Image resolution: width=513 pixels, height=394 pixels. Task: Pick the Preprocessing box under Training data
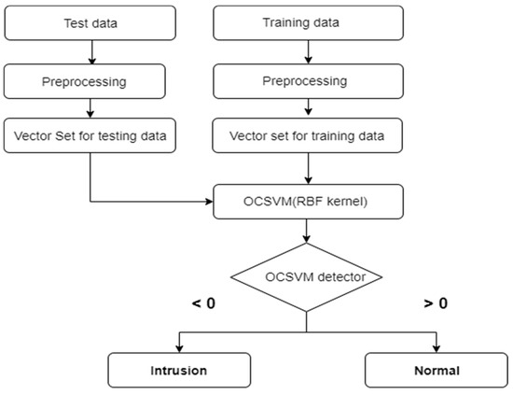pyautogui.click(x=307, y=83)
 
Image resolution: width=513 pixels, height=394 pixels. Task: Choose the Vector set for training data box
pyautogui.click(x=307, y=137)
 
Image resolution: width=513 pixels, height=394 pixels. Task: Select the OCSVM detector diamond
pyautogui.click(x=307, y=276)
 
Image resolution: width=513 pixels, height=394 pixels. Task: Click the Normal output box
pyautogui.click(x=437, y=370)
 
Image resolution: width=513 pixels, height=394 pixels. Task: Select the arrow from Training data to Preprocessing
pyautogui.click(x=307, y=54)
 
